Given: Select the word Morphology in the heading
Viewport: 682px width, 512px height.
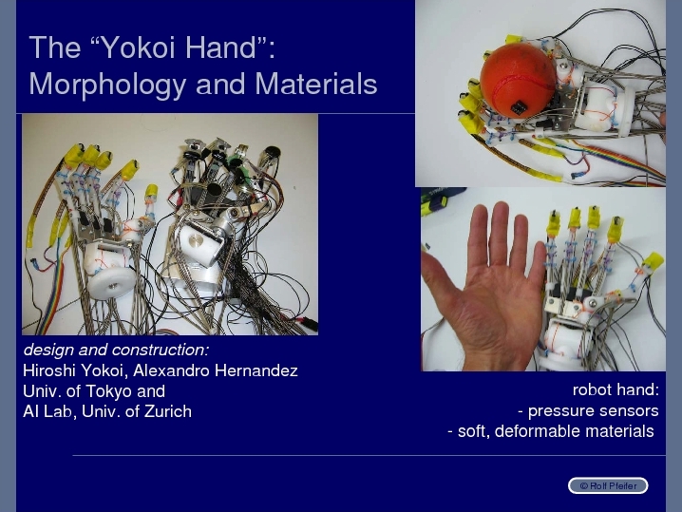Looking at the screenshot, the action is pyautogui.click(x=108, y=85).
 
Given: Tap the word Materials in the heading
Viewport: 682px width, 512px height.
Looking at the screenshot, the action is pyautogui.click(x=315, y=84).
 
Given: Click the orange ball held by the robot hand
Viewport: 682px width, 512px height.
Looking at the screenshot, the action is pyautogui.click(x=518, y=80).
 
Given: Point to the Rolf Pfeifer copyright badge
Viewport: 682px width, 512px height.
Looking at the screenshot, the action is pyautogui.click(x=608, y=486).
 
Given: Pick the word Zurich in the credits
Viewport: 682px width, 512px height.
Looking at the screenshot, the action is pyautogui.click(x=168, y=411).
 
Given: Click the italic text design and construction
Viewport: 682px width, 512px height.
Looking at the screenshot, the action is pyautogui.click(x=116, y=350).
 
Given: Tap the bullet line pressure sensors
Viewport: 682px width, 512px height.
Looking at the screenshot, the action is pyautogui.click(x=589, y=410).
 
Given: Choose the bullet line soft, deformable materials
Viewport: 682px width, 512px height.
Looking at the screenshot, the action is pyautogui.click(x=551, y=431).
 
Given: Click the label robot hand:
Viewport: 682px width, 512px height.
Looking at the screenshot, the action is pyautogui.click(x=616, y=389).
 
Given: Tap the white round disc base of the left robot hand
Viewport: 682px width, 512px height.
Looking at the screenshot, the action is pyautogui.click(x=112, y=283).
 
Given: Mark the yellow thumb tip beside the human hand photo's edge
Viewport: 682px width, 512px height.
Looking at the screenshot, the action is pyautogui.click(x=653, y=262).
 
